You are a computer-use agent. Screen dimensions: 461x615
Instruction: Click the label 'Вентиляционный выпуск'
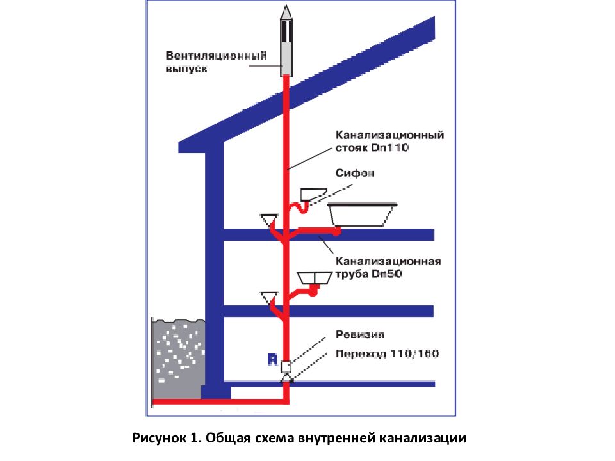215,61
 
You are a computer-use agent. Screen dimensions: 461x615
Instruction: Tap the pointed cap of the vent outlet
285,12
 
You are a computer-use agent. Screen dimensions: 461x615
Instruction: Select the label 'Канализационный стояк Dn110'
389,142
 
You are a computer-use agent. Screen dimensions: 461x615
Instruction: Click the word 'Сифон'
354,173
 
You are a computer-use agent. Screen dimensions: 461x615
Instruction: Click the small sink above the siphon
314,193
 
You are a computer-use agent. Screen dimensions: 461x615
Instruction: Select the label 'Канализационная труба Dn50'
387,268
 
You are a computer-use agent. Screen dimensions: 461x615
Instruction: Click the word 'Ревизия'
360,334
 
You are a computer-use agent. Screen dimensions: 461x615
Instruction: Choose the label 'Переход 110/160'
387,353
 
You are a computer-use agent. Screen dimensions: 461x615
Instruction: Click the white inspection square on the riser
286,367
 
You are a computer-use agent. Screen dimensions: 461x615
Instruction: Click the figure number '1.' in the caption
195,439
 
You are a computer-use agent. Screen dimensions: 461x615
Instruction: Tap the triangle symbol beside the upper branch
268,220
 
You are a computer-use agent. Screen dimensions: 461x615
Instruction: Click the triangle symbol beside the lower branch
268,297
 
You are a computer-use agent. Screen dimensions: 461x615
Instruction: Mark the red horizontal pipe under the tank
218,403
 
